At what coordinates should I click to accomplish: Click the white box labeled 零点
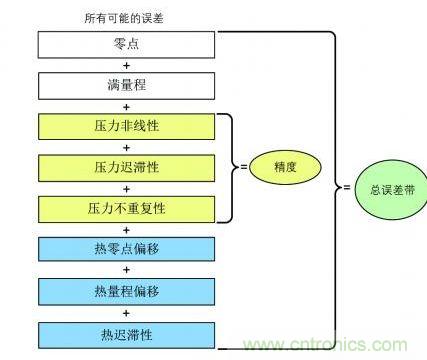click(126, 44)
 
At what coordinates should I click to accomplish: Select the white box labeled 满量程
click(126, 85)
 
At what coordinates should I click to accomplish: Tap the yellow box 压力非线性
click(126, 126)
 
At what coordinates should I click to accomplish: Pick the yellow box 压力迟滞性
click(126, 167)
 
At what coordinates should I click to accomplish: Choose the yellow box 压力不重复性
click(126, 208)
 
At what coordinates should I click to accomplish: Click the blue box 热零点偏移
click(126, 249)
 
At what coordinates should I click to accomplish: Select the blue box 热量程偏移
click(126, 290)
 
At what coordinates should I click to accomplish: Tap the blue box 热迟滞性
click(126, 331)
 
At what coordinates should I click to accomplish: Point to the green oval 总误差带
click(384, 189)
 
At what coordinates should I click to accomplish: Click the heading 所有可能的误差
click(125, 17)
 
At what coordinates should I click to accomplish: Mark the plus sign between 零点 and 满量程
click(126, 65)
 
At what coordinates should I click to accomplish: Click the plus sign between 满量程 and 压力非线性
click(126, 106)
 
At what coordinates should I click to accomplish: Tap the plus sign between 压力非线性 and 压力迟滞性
click(126, 147)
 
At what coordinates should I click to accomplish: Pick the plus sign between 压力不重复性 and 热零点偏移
click(126, 229)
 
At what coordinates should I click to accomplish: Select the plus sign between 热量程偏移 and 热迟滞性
click(126, 311)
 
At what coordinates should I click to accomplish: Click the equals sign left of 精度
click(243, 168)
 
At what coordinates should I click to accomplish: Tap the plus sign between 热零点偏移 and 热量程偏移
click(126, 270)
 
